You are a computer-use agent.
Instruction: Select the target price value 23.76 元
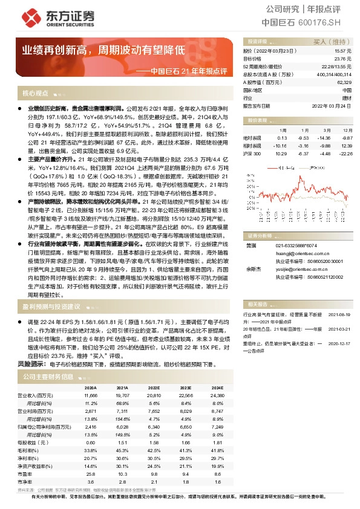(343, 59)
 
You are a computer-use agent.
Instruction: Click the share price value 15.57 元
(343, 51)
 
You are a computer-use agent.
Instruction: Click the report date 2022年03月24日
(333, 105)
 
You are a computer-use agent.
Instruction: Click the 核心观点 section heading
(35, 93)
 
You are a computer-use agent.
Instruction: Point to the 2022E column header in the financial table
(154, 387)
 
